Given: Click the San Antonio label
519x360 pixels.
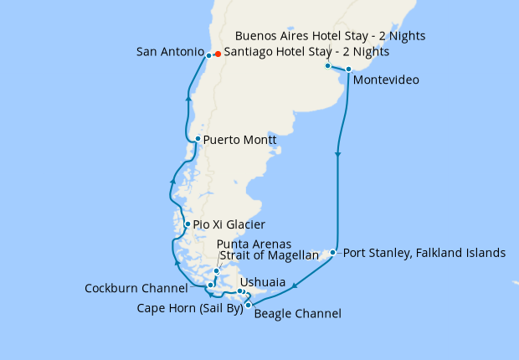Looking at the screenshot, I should pos(169,53).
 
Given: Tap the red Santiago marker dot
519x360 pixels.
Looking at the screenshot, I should pos(217,54).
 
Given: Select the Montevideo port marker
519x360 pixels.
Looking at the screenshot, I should pos(348,69).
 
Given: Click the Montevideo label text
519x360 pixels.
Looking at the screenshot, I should pos(386,80).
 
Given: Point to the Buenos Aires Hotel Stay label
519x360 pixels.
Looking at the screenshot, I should pos(331,36).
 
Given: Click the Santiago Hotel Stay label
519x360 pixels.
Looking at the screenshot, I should pos(306,52).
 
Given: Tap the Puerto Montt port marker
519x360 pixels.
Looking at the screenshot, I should pos(197,139).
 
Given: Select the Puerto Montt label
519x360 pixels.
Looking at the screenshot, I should pos(239,141).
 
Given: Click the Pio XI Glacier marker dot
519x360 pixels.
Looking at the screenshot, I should pos(188,224).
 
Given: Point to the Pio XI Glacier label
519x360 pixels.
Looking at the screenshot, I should pos(229,225).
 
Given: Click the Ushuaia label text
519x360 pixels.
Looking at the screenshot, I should pos(265,283).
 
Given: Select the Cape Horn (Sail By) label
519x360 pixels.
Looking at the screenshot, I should pos(189,308).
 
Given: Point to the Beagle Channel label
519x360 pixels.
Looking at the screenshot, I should pos(297,315).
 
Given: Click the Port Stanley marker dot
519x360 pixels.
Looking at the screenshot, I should pos(333,252).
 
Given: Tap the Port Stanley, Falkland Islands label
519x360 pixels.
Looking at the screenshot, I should pos(424,252).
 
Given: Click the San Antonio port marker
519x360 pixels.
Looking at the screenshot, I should pos(208,55).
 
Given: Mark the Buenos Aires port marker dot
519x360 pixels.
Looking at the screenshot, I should pos(327,65).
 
